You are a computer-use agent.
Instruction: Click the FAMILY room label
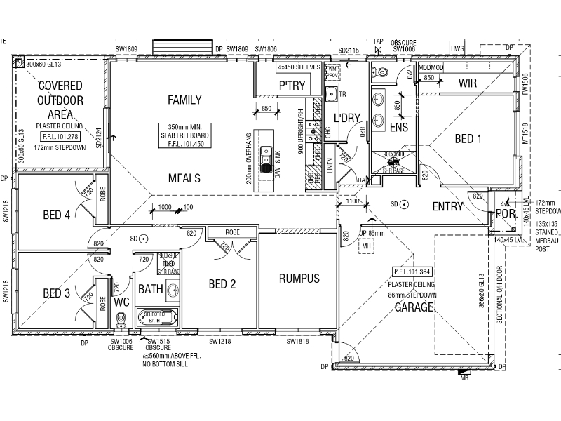tap(184, 100)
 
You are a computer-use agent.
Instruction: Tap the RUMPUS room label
tap(299, 279)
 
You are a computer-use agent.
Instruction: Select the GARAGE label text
tap(413, 307)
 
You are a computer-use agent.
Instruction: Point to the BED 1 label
tap(468, 139)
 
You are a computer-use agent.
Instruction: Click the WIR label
tap(468, 83)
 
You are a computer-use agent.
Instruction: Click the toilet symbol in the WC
tap(121, 320)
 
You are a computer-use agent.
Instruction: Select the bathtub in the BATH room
tap(157, 316)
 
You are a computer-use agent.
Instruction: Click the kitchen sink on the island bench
tap(266, 159)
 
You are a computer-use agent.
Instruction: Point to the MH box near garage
tap(365, 247)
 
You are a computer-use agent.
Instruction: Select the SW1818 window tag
tap(298, 342)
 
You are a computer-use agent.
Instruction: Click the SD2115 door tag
tap(349, 51)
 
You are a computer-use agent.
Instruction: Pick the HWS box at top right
tap(458, 49)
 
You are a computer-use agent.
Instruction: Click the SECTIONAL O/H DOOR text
tap(500, 294)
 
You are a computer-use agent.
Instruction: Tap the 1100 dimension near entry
tap(353, 202)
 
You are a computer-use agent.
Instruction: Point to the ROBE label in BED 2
tap(234, 232)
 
